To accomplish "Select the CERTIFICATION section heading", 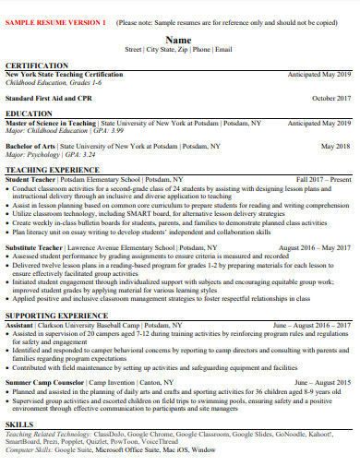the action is click(36, 66).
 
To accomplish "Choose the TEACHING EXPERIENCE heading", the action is click(52, 170).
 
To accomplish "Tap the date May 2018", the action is click(335, 146).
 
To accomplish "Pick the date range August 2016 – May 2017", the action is click(314, 248).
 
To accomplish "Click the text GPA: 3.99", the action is click(108, 130).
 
